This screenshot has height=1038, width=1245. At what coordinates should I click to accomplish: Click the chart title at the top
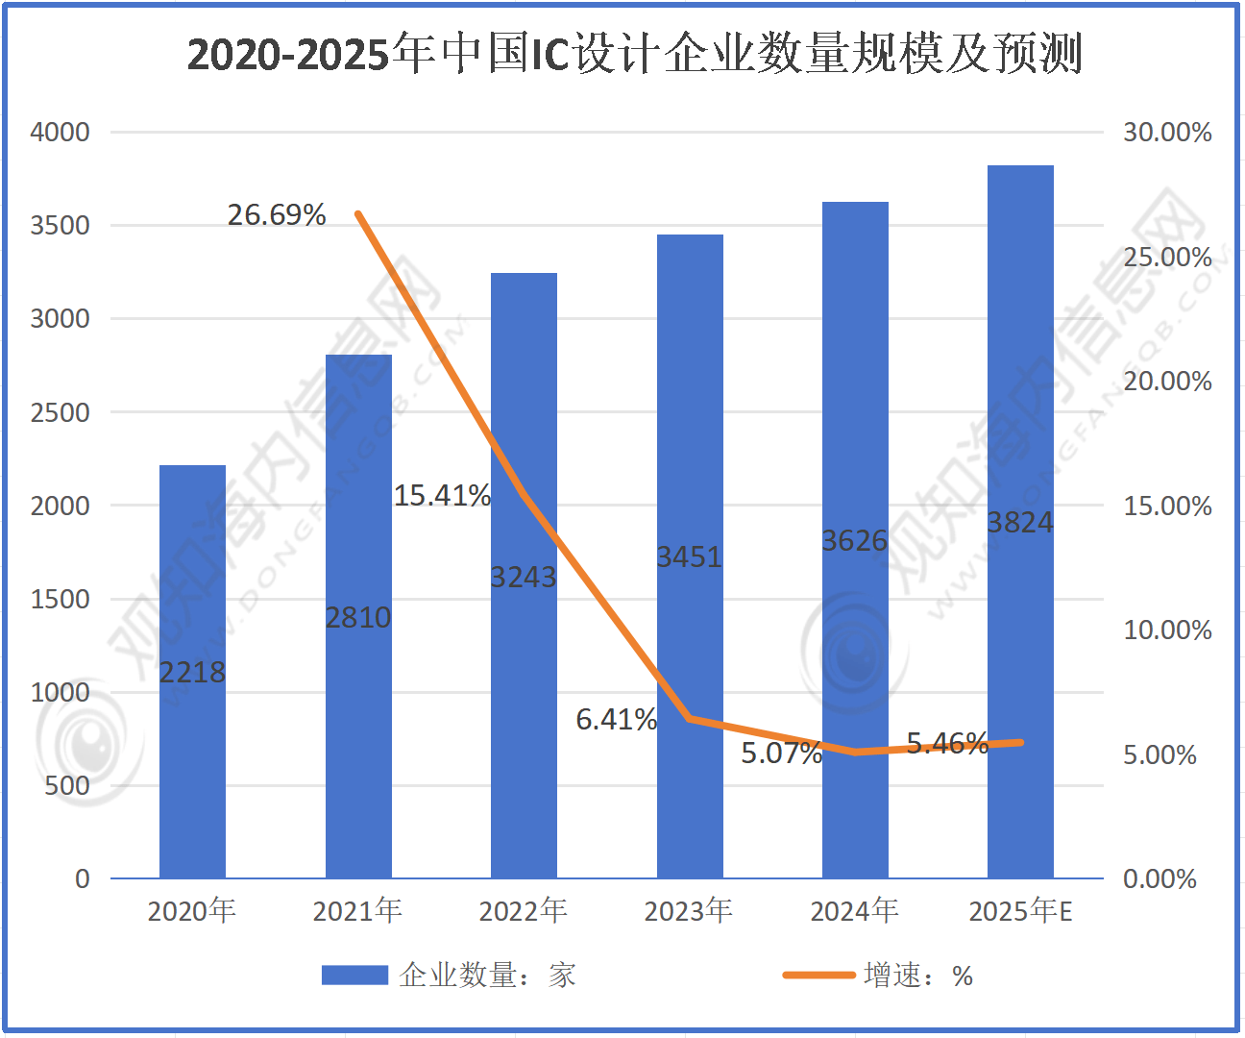[634, 54]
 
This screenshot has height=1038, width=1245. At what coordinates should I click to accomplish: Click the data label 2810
[358, 617]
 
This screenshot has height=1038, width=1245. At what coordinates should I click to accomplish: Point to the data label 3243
[524, 577]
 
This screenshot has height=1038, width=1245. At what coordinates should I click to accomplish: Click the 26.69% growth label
[277, 214]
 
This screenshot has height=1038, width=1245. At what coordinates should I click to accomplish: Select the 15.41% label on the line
[442, 496]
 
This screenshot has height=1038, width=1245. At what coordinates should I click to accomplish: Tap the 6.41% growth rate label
[616, 719]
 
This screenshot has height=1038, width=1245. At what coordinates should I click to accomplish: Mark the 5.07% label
[781, 753]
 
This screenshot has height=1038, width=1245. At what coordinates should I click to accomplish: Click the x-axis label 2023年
[689, 910]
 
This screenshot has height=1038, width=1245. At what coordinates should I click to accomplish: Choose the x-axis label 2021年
[357, 910]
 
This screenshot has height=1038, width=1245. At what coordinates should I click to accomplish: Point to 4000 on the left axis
[61, 132]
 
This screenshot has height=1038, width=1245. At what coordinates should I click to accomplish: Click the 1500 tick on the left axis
[61, 599]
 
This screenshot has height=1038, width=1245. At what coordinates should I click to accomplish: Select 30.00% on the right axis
[1167, 132]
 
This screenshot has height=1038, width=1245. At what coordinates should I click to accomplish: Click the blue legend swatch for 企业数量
[354, 976]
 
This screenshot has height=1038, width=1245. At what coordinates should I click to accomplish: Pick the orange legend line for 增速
[818, 976]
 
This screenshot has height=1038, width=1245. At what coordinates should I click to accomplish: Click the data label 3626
[855, 541]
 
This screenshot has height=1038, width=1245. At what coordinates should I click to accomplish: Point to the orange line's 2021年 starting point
[358, 213]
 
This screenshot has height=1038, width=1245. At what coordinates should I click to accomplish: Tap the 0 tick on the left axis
[83, 878]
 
